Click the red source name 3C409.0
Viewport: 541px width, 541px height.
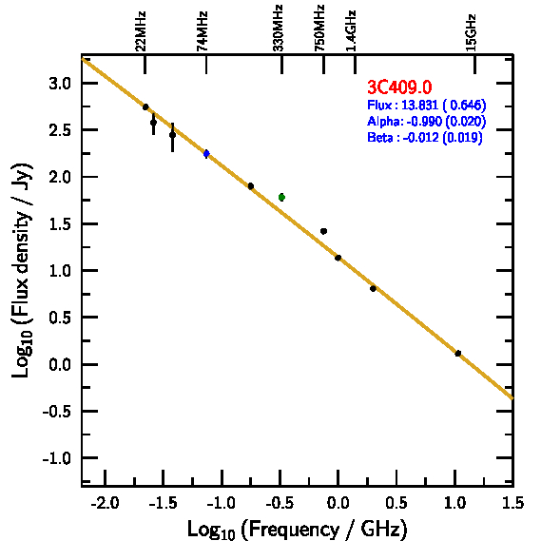coord(399,87)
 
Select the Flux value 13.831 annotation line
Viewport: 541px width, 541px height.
coord(427,105)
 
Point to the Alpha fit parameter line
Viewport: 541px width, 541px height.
coord(427,121)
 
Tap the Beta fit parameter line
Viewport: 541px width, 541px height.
coord(424,137)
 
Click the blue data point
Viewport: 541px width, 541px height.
coord(206,153)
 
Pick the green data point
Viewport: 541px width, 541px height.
coord(281,198)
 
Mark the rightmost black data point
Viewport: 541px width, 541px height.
coord(458,354)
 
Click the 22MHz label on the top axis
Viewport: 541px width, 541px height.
coord(141,31)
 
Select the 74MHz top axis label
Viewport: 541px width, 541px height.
coord(203,31)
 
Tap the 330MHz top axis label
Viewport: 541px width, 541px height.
coord(278,28)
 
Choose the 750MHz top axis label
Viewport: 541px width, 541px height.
coord(319,28)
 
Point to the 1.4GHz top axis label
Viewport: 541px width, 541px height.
coord(351,30)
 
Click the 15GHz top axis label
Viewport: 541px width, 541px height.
coord(471,32)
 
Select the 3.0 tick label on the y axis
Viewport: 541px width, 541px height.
coord(60,84)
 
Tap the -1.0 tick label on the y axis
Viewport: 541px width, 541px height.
coord(57,458)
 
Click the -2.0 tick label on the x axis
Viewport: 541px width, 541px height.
coord(105,503)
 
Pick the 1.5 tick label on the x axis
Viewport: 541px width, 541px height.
coord(513,503)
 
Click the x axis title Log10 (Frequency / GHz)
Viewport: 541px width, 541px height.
coord(297,530)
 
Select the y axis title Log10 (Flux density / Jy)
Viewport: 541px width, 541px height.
coord(22,270)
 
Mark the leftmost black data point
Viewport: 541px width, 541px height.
coord(145,106)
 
